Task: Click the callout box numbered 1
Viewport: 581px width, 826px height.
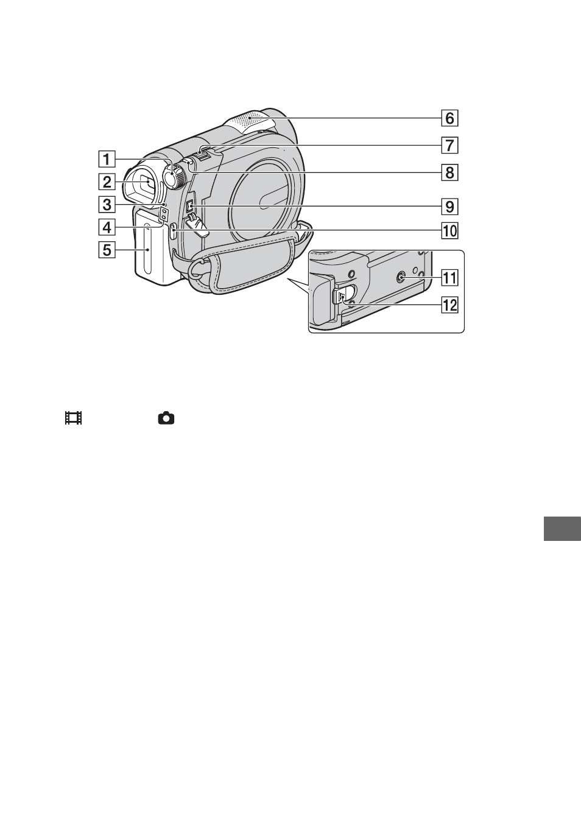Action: click(x=107, y=160)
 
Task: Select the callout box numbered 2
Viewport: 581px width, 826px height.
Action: click(x=107, y=182)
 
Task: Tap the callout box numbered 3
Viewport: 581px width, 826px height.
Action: click(x=107, y=204)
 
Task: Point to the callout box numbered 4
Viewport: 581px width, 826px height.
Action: click(x=107, y=227)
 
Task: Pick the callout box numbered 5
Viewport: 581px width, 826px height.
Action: click(x=107, y=250)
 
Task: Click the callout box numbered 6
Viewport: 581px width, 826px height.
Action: click(x=450, y=118)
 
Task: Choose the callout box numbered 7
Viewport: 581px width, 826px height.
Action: click(x=450, y=145)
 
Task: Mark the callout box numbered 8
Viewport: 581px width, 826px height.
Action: click(x=450, y=172)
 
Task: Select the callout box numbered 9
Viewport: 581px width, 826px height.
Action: click(x=450, y=206)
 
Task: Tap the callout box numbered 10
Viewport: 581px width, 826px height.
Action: click(x=450, y=231)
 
